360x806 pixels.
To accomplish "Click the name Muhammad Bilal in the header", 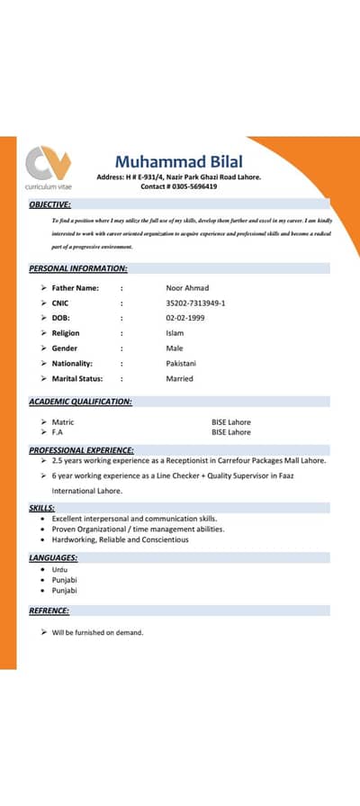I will [179, 161].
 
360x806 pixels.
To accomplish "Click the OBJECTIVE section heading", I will [49, 204].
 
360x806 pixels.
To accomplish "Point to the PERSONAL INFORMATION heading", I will [77, 268].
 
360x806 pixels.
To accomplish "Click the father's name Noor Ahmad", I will [187, 288].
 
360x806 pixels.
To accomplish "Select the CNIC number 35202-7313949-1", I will [195, 303].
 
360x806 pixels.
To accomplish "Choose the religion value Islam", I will [175, 333].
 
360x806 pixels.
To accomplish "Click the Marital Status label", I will [76, 378].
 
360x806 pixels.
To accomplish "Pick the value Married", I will [179, 378].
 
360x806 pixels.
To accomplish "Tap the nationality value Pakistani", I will [181, 363].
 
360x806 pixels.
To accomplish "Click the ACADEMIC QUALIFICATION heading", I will [80, 402].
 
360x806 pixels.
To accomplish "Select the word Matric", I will [63, 421].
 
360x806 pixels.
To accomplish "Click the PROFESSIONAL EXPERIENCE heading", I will [81, 449].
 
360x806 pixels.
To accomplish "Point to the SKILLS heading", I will [41, 509].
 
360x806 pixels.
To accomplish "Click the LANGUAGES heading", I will [52, 557].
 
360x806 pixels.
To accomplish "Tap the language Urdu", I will [59, 570].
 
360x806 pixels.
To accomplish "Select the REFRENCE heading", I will [49, 611].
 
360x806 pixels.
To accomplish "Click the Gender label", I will [64, 349].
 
